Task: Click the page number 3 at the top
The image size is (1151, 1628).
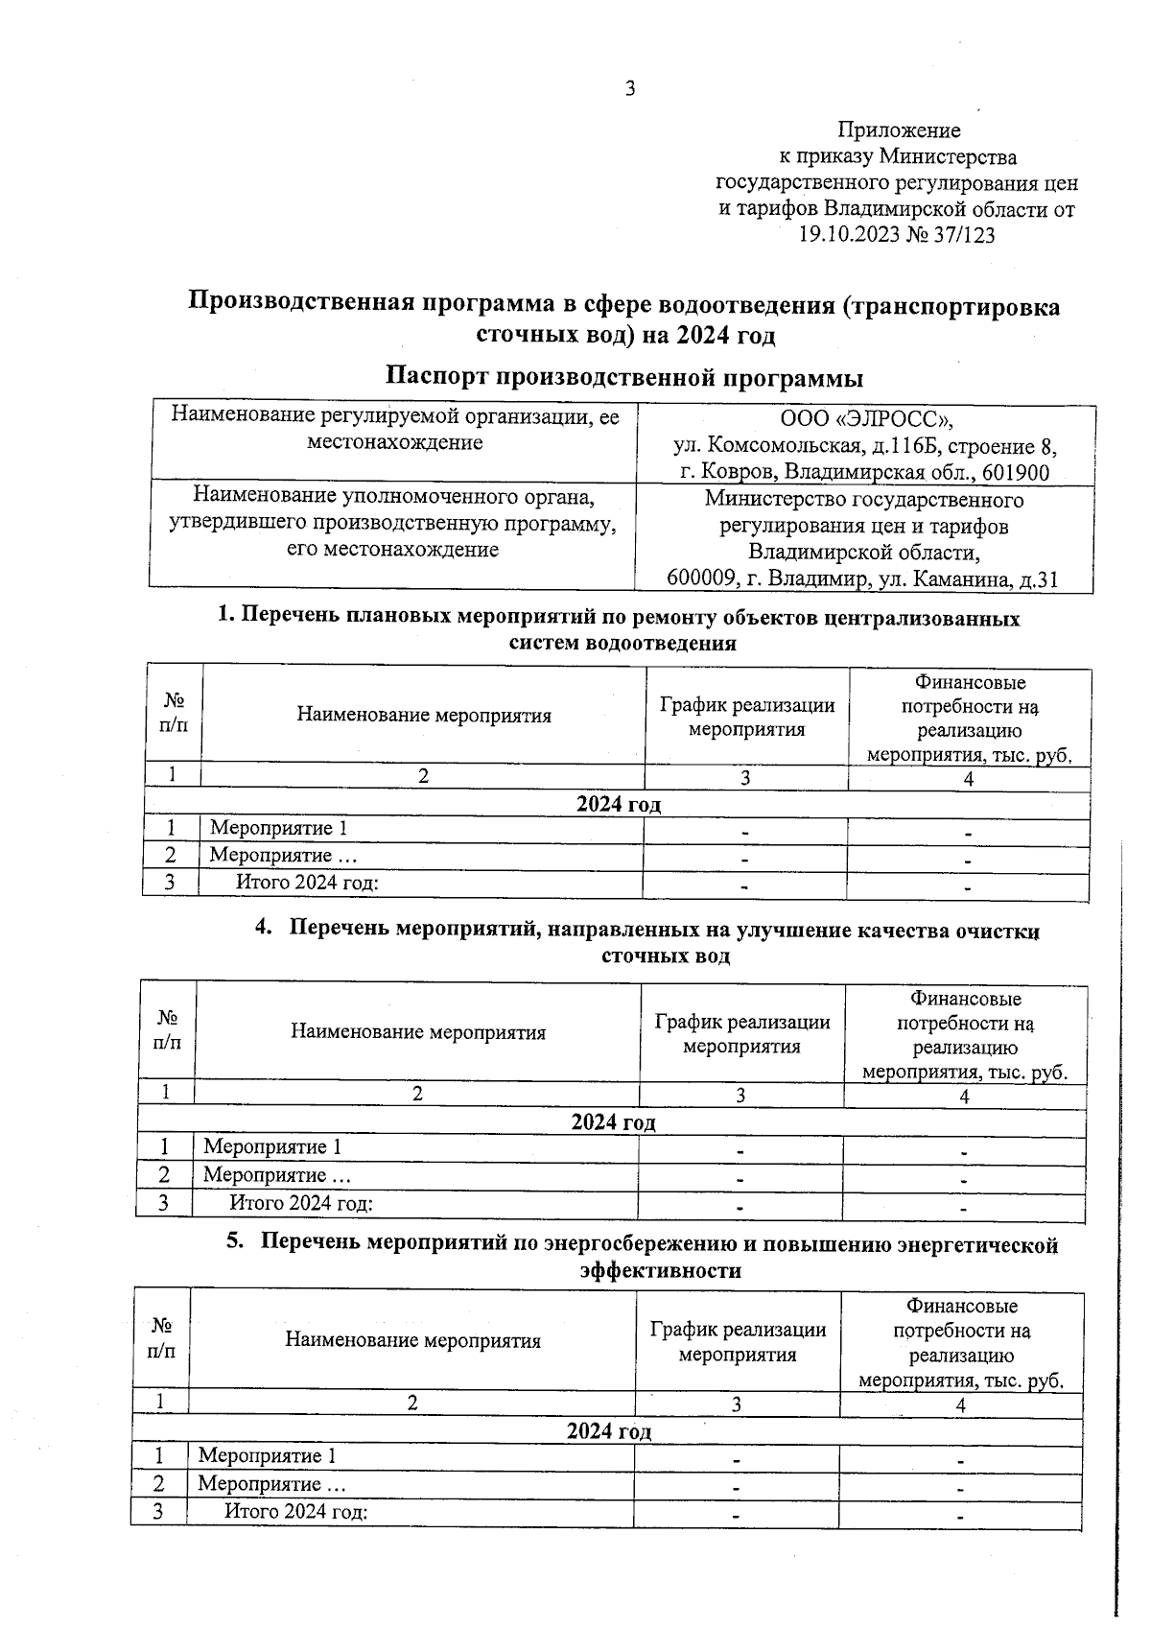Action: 630,89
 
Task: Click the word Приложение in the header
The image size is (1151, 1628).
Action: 899,130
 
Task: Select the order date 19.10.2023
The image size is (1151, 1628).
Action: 849,234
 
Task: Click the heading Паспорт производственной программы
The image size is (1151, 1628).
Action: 624,377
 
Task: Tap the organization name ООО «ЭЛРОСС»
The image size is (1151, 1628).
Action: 866,419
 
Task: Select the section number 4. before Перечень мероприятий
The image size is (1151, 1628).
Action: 264,929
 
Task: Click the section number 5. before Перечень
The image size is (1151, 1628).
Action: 235,1243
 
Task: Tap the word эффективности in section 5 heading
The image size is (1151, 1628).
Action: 661,1270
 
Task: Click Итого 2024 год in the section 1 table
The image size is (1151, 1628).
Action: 307,883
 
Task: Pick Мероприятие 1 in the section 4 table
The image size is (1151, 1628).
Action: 272,1146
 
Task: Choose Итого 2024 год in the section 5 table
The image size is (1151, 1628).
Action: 296,1512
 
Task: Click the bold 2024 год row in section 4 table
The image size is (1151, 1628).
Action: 613,1122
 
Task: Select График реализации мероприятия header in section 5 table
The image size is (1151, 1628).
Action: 738,1342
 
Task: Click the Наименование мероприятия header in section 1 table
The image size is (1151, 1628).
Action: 424,715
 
